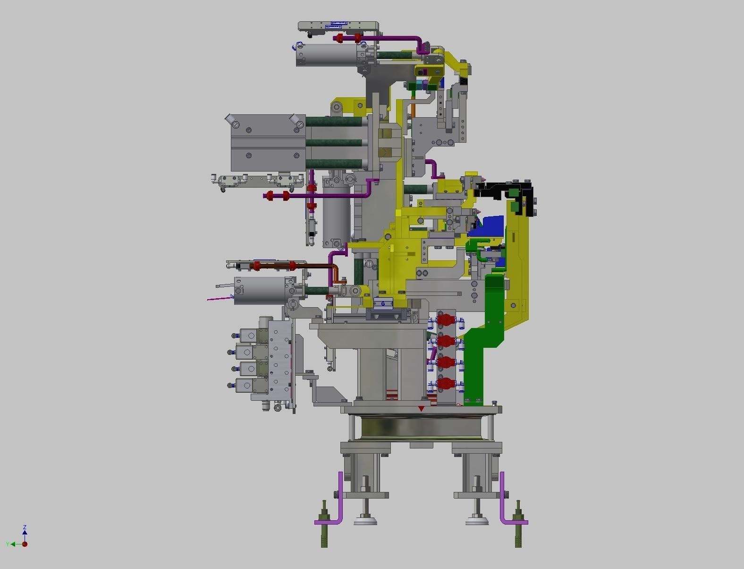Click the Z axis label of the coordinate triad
[x=25, y=527]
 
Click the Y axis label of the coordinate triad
[x=8, y=544]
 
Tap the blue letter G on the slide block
[x=383, y=304]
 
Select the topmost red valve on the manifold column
[x=444, y=320]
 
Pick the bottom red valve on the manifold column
[x=444, y=383]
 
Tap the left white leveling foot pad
[x=365, y=521]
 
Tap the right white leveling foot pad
[x=477, y=521]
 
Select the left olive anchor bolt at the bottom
[x=324, y=525]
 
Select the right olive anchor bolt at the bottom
[x=518, y=525]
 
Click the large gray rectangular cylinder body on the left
[x=267, y=143]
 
